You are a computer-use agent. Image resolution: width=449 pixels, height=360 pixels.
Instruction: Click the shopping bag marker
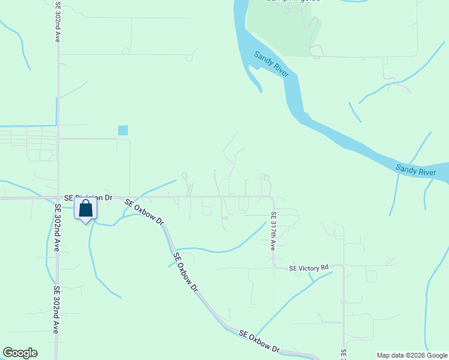click(x=86, y=209)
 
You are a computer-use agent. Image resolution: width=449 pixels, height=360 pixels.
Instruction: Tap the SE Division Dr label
click(x=88, y=197)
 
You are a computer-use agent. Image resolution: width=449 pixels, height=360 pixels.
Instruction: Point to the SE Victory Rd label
click(x=309, y=268)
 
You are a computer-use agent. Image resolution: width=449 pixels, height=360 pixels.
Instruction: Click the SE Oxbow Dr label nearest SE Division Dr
click(x=144, y=211)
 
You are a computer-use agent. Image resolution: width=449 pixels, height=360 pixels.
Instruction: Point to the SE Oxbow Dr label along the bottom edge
click(x=259, y=341)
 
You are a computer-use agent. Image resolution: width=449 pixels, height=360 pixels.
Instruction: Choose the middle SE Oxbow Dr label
click(x=185, y=272)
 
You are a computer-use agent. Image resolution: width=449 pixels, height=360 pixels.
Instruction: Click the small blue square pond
click(x=123, y=130)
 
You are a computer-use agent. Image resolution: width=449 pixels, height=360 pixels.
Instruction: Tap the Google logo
click(x=20, y=353)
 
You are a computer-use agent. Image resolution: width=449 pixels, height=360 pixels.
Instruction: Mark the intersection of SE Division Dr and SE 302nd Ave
click(x=58, y=197)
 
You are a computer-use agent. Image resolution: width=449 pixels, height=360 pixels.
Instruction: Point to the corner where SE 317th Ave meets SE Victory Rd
click(x=274, y=266)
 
